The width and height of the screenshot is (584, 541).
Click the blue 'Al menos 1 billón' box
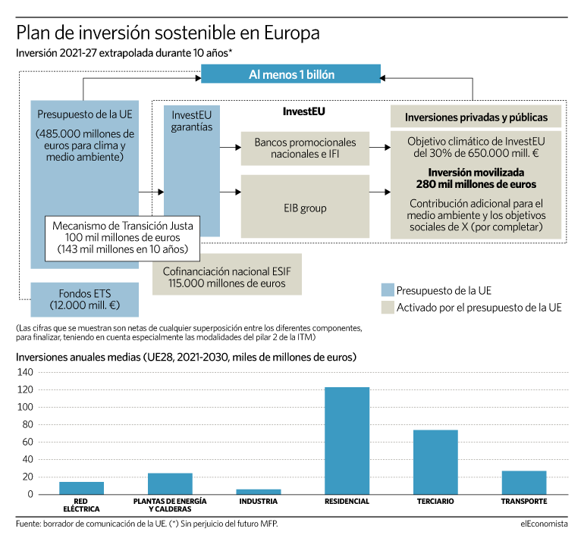(x=291, y=73)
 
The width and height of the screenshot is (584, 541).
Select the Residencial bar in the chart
(x=347, y=440)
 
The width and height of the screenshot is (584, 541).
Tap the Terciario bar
(x=435, y=462)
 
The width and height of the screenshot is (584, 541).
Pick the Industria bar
(x=259, y=492)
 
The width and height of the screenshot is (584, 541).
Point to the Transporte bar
(x=524, y=483)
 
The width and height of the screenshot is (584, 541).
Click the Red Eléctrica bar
(x=82, y=488)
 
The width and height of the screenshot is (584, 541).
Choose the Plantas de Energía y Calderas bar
(x=170, y=483)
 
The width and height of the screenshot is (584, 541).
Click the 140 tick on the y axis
(x=25, y=372)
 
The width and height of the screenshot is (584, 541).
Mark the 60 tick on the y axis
(x=27, y=442)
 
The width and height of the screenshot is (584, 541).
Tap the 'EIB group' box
(x=305, y=207)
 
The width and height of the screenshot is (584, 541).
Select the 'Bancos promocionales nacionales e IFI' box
(x=305, y=148)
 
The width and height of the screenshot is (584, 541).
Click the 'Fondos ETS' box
(x=84, y=299)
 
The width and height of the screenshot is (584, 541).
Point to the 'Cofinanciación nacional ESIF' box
(x=227, y=274)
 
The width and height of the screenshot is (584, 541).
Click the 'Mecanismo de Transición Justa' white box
(x=123, y=238)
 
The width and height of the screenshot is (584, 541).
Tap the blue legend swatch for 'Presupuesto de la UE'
(x=388, y=290)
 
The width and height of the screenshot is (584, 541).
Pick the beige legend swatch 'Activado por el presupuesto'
(x=388, y=308)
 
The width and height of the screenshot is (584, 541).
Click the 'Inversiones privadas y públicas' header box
(x=476, y=117)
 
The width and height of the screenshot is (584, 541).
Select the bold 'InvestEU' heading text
(x=303, y=111)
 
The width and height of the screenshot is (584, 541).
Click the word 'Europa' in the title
(x=292, y=33)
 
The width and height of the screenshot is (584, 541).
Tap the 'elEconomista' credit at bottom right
(x=544, y=524)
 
